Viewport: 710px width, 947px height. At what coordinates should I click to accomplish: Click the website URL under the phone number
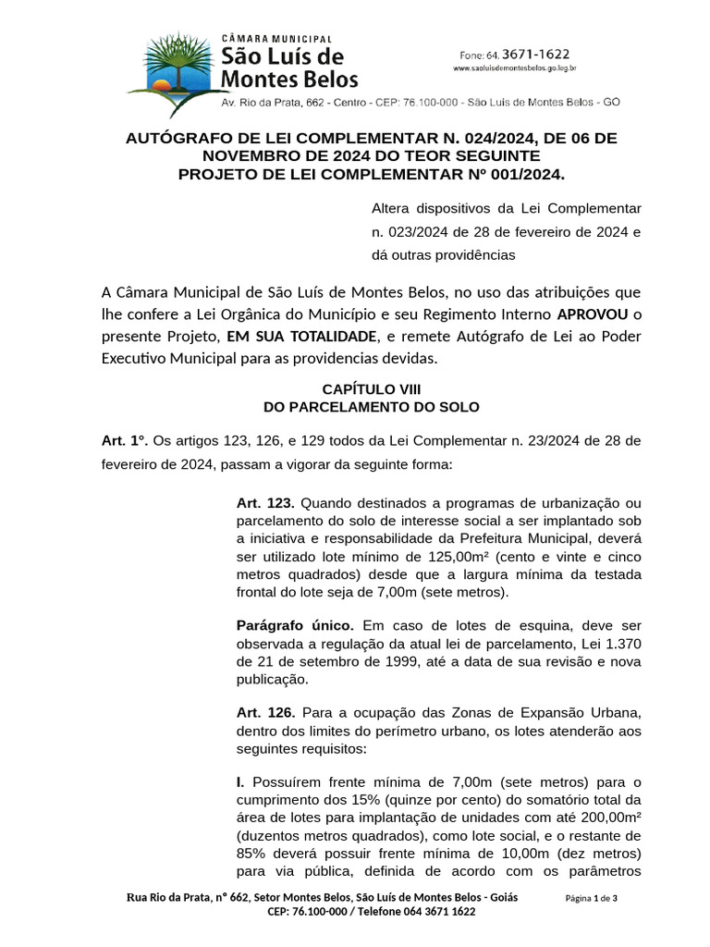(515, 68)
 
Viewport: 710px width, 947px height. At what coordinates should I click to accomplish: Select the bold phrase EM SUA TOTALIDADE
(301, 337)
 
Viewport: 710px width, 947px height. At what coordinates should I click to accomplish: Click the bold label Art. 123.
(265, 503)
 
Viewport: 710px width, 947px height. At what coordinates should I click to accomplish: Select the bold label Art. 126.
(265, 712)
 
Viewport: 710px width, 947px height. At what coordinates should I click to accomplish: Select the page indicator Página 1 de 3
(591, 899)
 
